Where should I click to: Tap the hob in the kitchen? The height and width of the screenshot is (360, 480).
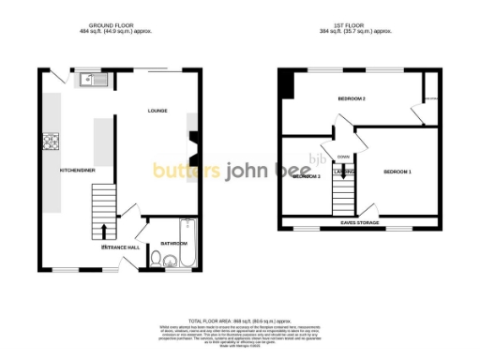pyautogui.click(x=50, y=142)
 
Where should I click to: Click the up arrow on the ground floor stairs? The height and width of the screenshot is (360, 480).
pyautogui.click(x=103, y=231)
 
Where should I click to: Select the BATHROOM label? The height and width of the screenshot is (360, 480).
pyautogui.click(x=172, y=243)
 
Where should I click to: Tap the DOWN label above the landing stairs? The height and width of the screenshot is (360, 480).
pyautogui.click(x=343, y=157)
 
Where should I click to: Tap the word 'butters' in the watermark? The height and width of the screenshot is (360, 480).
pyautogui.click(x=187, y=171)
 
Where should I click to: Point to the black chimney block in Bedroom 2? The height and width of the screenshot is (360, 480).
pyautogui.click(x=286, y=84)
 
